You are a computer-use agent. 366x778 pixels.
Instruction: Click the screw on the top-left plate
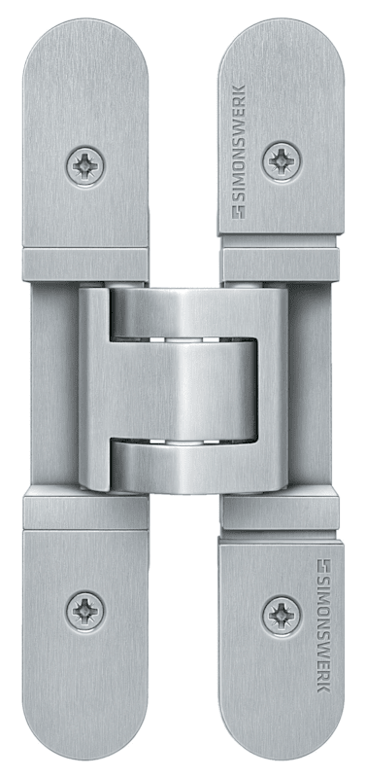point(85,166)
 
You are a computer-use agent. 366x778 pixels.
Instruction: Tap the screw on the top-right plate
point(282,161)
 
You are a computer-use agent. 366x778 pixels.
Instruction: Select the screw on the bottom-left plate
point(85,610)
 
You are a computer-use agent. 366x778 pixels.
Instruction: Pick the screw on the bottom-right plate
point(282,615)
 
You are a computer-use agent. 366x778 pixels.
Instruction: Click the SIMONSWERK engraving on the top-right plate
point(239,153)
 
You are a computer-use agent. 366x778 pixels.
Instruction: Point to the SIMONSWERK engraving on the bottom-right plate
point(324,626)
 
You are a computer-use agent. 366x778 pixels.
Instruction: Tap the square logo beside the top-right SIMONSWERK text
point(239,213)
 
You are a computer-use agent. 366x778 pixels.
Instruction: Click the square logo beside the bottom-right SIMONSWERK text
point(324,566)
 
